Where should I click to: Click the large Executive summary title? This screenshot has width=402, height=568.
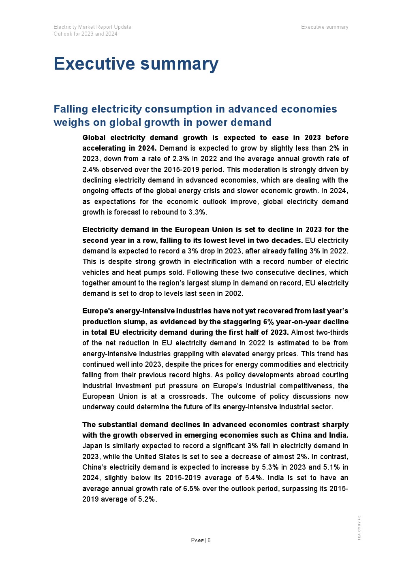tap(136, 64)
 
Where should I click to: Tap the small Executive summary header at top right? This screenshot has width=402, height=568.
tap(325, 27)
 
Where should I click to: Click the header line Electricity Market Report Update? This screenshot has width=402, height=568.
tap(92, 27)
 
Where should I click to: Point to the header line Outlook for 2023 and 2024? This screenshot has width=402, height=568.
tap(86, 34)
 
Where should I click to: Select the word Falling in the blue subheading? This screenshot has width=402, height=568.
tap(71, 109)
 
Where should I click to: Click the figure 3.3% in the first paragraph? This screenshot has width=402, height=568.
tap(197, 212)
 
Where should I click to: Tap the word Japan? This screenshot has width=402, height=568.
tap(92, 446)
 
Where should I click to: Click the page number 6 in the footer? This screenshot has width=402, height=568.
tap(209, 540)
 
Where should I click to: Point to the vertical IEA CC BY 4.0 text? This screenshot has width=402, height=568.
tap(359, 527)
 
